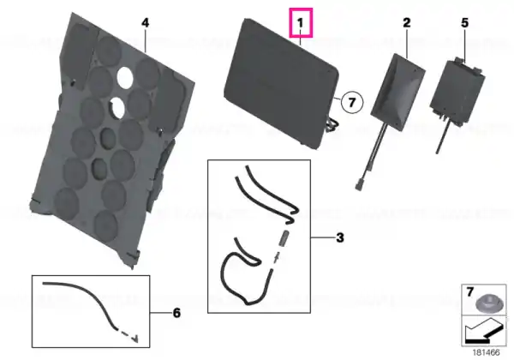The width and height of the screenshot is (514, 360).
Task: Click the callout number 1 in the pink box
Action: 301,23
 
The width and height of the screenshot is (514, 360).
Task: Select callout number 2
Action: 406,22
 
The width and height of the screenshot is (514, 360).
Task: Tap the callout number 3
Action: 340,237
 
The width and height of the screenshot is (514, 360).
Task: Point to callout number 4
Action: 146,22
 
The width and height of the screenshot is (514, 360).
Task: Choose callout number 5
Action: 465,22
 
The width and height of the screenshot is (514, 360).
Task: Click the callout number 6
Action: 176,313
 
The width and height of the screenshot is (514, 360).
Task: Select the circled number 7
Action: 352,102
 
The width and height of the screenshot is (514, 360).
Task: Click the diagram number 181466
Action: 486,352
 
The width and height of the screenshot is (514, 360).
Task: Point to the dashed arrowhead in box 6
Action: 134,339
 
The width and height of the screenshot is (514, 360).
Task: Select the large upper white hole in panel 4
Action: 125,77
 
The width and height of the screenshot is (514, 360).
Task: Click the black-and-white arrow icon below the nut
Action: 483,332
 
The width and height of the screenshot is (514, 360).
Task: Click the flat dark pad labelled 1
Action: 281,84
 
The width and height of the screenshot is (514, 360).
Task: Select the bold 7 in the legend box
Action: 470,291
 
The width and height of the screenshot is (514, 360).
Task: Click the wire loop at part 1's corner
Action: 332,125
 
